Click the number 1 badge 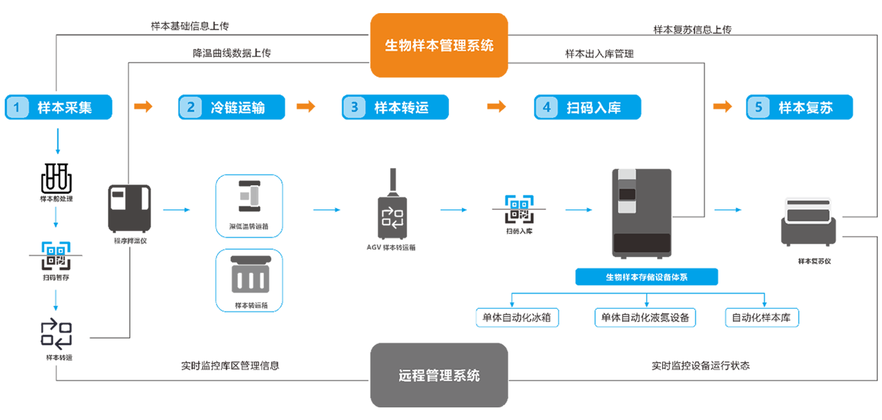[17, 108]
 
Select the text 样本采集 [65, 108]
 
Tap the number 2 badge [191, 108]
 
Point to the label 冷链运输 [238, 108]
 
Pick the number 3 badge [354, 108]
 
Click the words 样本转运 [402, 108]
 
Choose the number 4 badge [547, 108]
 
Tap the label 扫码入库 [594, 108]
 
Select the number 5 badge [759, 108]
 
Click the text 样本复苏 [806, 108]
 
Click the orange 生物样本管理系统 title [439, 46]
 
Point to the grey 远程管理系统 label [439, 375]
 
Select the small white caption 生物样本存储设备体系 [646, 277]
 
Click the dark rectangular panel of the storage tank [642, 243]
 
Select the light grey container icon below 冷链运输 [250, 197]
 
